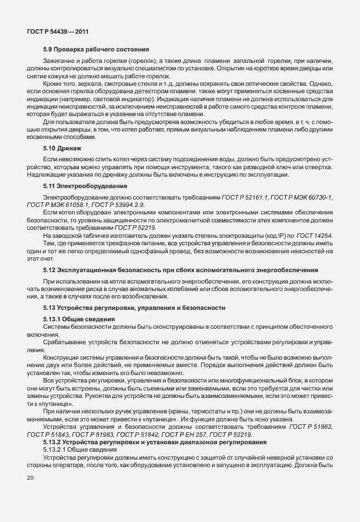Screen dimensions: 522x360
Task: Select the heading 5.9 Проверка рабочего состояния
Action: pos(95,50)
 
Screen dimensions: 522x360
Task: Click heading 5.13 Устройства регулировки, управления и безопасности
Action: pos(134,308)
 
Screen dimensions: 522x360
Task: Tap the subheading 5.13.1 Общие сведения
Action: pos(79,318)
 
